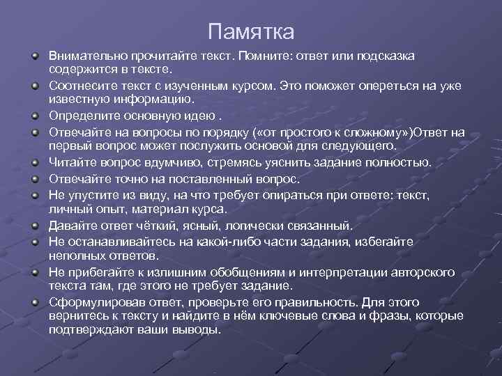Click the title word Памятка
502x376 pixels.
tap(251, 32)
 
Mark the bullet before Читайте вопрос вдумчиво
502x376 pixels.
tap(33, 162)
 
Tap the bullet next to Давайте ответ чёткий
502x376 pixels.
tap(33, 226)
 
